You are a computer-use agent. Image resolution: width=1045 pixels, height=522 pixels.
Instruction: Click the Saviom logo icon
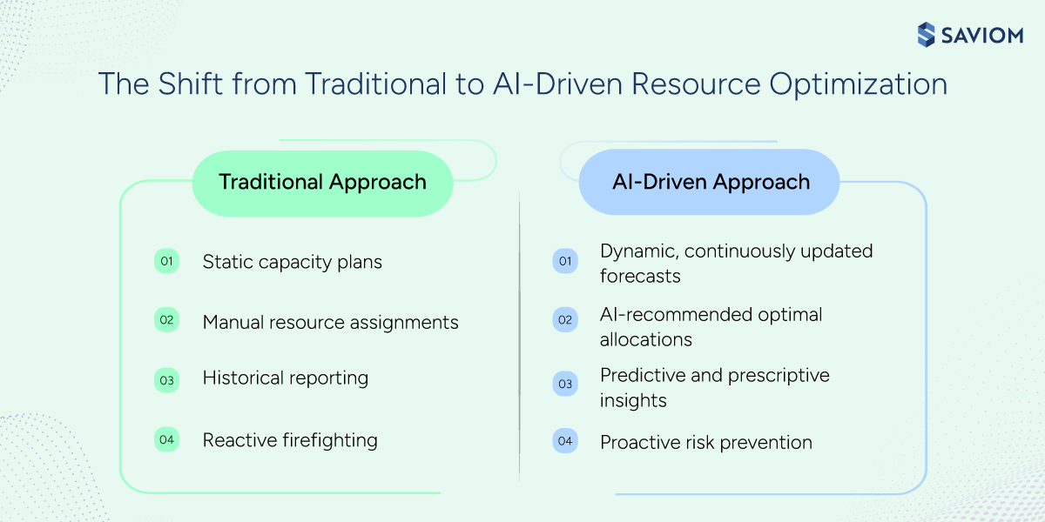[927, 34]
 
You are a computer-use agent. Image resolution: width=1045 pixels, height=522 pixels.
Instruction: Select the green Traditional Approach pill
[322, 182]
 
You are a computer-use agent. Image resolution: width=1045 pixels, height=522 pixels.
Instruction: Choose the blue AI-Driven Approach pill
[709, 182]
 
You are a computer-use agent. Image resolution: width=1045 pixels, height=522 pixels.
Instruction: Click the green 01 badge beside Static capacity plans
[166, 261]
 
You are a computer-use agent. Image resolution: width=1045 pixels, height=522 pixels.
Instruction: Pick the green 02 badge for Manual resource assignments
[166, 320]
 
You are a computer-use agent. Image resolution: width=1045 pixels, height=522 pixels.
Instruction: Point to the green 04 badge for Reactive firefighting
[166, 439]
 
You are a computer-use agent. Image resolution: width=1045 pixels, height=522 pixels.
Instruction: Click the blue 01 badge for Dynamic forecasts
[564, 261]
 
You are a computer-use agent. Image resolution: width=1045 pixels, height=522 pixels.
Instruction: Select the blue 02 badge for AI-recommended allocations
[564, 320]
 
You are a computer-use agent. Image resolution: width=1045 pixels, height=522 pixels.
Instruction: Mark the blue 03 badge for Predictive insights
[564, 383]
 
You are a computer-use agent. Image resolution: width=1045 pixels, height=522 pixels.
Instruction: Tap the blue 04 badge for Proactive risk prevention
[564, 441]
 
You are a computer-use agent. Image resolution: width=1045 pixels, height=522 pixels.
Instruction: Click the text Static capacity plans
[292, 262]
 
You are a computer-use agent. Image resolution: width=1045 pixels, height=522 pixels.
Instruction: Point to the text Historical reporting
[285, 378]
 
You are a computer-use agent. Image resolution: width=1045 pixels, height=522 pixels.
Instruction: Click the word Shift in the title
[182, 84]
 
